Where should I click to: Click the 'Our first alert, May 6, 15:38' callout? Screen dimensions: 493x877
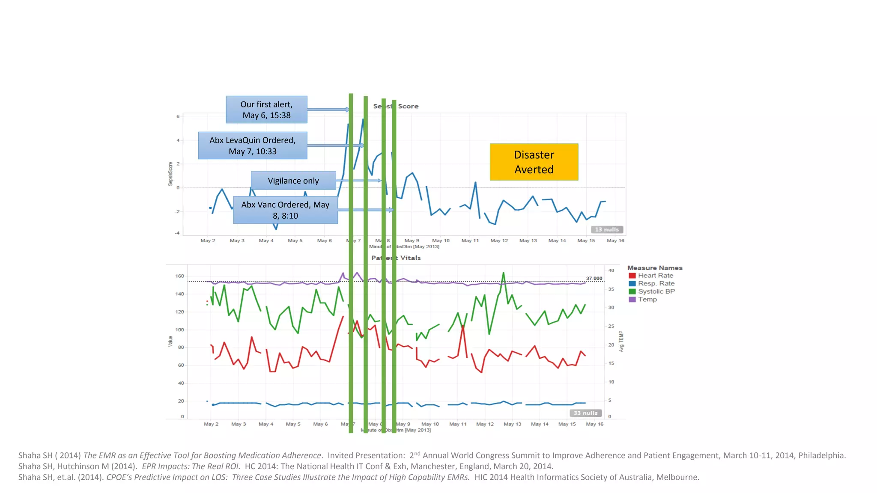point(266,110)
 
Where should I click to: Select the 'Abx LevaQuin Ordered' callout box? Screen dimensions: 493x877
point(252,146)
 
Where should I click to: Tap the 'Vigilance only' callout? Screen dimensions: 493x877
point(293,181)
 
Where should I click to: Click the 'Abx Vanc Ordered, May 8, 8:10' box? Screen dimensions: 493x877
point(285,210)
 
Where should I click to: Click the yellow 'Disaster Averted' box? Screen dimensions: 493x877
point(534,162)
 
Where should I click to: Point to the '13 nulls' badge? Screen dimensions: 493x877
point(607,229)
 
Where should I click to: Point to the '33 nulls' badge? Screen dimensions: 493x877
point(585,413)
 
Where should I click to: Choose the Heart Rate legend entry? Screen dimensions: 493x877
point(655,276)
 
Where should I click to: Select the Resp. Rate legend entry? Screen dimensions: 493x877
point(656,283)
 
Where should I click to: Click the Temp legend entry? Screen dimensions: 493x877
point(647,299)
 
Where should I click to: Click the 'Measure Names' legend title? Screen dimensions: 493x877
point(655,268)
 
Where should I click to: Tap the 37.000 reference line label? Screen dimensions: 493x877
point(594,278)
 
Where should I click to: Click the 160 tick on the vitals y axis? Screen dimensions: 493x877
point(179,276)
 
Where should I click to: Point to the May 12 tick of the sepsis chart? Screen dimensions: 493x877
point(499,241)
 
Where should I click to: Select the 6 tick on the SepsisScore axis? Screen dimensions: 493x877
point(178,116)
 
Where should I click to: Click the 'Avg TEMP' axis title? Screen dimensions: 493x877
point(621,342)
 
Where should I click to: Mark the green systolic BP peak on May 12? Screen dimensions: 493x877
point(504,273)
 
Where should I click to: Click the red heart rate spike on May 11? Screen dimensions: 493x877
point(463,326)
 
